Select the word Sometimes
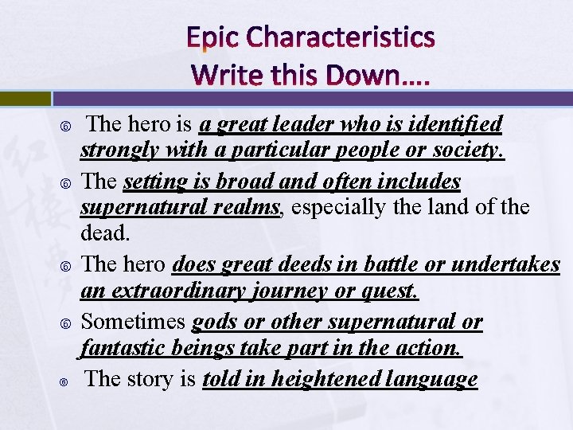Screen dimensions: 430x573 click(x=134, y=321)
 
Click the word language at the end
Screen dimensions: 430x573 click(x=434, y=380)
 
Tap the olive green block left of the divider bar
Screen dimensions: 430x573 click(x=25, y=99)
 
